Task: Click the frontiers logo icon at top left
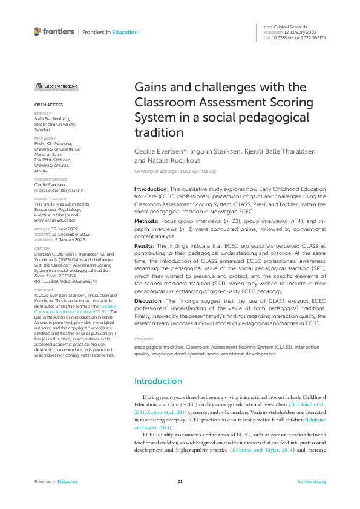(38, 31)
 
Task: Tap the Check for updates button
(57, 86)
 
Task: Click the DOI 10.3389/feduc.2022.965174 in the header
(300, 37)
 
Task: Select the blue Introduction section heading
(157, 381)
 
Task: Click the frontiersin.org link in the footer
(312, 482)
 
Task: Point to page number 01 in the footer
(180, 482)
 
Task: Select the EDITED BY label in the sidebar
(42, 114)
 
